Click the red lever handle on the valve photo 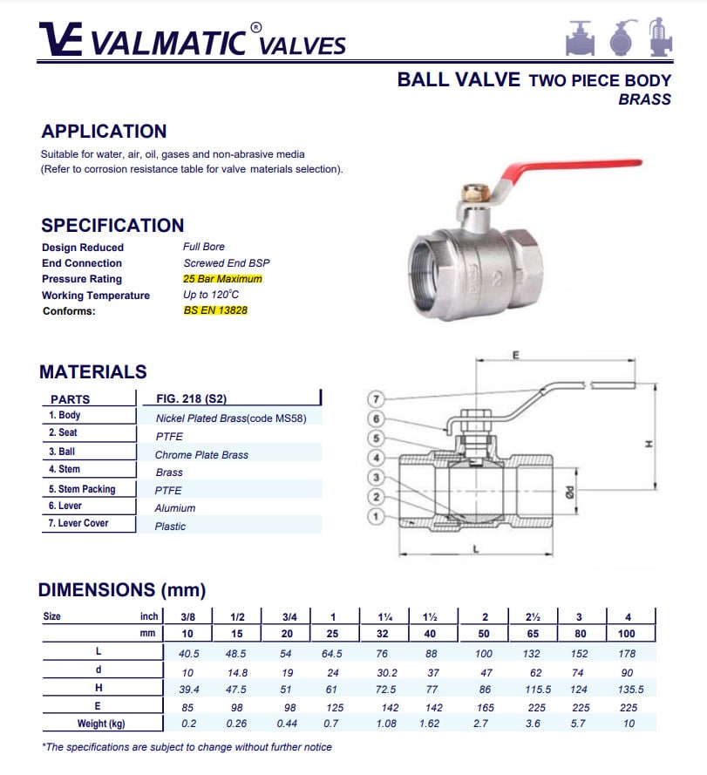tap(568, 167)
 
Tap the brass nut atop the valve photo tap(476, 193)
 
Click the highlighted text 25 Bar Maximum tap(222, 279)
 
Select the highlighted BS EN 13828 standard tap(215, 310)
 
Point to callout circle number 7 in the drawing tap(376, 399)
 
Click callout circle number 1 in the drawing tap(376, 517)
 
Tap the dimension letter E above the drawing tap(516, 355)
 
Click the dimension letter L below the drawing tap(476, 549)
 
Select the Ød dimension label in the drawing tap(569, 493)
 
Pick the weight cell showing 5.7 tap(578, 724)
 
